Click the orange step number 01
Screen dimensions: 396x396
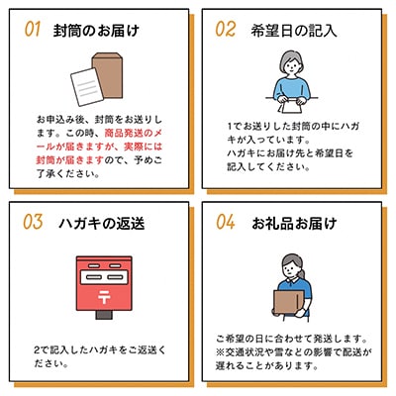[x=33, y=29]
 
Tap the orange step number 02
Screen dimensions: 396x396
[x=226, y=29]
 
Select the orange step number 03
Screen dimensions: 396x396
[x=33, y=222]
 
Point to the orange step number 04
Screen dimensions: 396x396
[x=226, y=222]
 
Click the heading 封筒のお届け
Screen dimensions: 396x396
[x=96, y=31]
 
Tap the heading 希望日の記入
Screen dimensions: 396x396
[x=294, y=31]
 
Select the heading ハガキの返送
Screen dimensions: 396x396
[x=102, y=224]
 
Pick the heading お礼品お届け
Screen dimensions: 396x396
[x=294, y=224]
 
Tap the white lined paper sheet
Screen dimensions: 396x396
[x=87, y=87]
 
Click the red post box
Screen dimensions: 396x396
[x=104, y=283]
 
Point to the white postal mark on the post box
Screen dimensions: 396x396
[x=104, y=297]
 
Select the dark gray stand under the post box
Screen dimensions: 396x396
[x=104, y=315]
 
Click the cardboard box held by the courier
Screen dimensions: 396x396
[x=288, y=302]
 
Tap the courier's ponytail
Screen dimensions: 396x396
[x=302, y=272]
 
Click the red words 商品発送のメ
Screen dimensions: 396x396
[x=134, y=134]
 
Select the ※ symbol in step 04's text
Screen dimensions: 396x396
[x=221, y=352]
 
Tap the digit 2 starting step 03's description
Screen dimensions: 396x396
[x=38, y=350]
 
